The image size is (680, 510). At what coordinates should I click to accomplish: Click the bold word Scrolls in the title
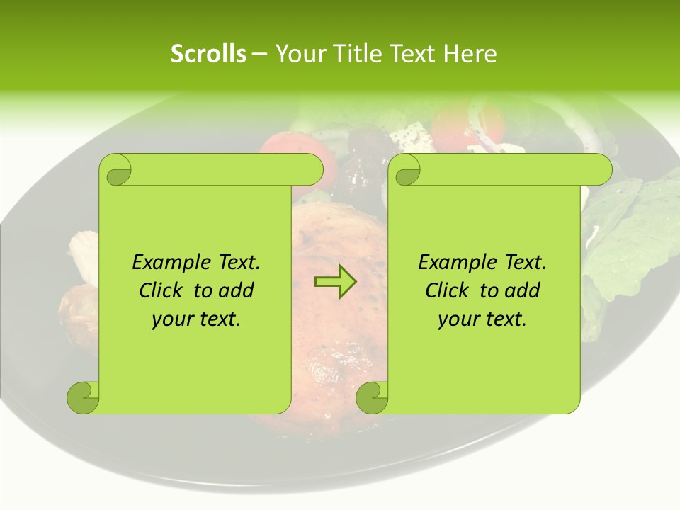208,54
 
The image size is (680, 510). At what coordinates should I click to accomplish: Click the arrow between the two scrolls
335,282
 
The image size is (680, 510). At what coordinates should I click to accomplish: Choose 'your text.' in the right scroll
482,319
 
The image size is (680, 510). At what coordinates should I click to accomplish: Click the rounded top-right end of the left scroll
312,169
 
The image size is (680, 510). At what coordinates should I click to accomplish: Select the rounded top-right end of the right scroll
601,169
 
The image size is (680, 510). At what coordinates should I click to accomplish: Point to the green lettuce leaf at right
630,234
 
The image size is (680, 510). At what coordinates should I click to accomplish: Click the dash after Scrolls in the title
259,55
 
